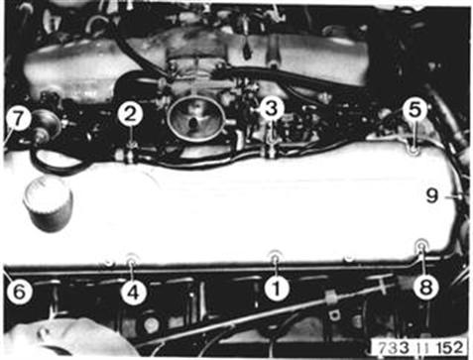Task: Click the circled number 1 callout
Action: pos(277,289)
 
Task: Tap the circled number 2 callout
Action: pos(130,115)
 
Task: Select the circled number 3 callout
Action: pos(272,109)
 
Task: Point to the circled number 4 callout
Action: pos(133,293)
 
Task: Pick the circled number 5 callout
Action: pos(414,110)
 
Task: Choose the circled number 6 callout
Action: pos(19,292)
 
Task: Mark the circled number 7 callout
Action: pos(19,119)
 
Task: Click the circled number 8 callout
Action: pos(425,288)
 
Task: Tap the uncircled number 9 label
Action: pos(432,196)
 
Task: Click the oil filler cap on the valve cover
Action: pos(48,203)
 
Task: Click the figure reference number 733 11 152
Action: pos(420,348)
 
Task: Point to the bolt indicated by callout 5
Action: pos(414,151)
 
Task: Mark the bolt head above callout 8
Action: pos(421,246)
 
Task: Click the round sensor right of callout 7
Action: pos(46,124)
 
